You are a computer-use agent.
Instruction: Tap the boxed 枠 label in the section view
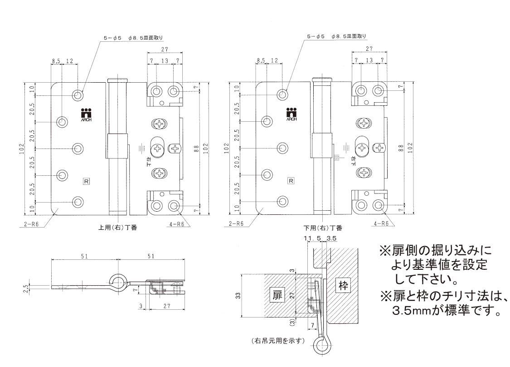[342, 286]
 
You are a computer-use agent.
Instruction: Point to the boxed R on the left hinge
[86, 181]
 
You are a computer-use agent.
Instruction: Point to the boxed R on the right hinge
[291, 181]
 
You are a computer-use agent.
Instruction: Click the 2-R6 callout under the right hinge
[236, 224]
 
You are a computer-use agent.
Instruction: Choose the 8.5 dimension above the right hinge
[261, 60]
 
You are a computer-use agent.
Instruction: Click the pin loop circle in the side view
[118, 282]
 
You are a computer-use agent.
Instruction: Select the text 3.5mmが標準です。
[446, 312]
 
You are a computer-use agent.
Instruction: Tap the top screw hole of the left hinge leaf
[78, 95]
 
